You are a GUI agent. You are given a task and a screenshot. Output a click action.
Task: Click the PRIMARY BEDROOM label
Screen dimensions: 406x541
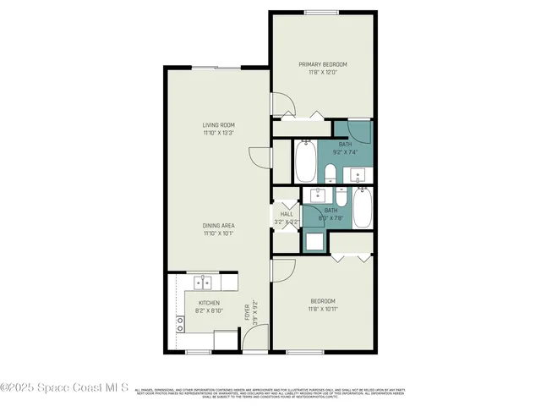pyautogui.click(x=322, y=64)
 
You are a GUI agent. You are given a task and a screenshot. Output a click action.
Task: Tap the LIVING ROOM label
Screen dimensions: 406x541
pyautogui.click(x=217, y=126)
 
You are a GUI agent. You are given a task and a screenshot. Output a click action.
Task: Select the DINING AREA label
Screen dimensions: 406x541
pyautogui.click(x=218, y=225)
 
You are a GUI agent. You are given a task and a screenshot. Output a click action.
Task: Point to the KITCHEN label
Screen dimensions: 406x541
pyautogui.click(x=209, y=303)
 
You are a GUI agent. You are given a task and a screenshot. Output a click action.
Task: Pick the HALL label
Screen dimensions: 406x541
pyautogui.click(x=287, y=214)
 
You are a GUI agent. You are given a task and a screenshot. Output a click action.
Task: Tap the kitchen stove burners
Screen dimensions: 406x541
pyautogui.click(x=180, y=322)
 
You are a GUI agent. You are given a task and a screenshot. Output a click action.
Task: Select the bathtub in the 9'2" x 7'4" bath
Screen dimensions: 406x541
pyautogui.click(x=305, y=161)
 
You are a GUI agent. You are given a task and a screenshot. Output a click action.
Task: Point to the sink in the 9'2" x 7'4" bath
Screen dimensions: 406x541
pyautogui.click(x=358, y=176)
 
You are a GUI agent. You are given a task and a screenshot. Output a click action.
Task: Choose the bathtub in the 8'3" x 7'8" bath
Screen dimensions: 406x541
pyautogui.click(x=361, y=208)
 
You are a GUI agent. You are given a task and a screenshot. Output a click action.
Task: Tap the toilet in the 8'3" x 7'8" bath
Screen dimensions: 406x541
pyautogui.click(x=331, y=197)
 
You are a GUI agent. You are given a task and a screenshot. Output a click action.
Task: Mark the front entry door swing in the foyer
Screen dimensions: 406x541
pyautogui.click(x=253, y=340)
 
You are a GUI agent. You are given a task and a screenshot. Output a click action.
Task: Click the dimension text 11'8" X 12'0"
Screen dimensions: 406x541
pyautogui.click(x=322, y=73)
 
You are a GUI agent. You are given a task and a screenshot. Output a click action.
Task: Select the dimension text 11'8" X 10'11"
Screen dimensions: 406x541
pyautogui.click(x=322, y=310)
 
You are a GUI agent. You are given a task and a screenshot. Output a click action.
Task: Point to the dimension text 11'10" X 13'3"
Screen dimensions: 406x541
pyautogui.click(x=217, y=134)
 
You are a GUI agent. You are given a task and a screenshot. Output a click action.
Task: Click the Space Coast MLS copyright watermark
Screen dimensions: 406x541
pyautogui.click(x=64, y=388)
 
